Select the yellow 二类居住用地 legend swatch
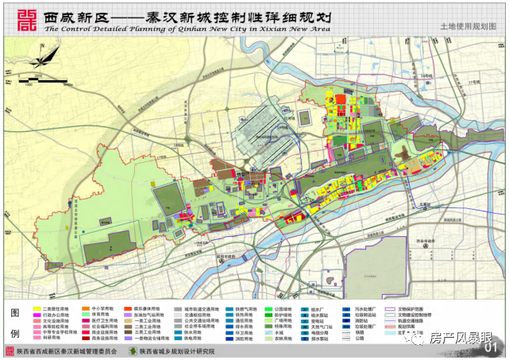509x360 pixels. pos(37,308)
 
